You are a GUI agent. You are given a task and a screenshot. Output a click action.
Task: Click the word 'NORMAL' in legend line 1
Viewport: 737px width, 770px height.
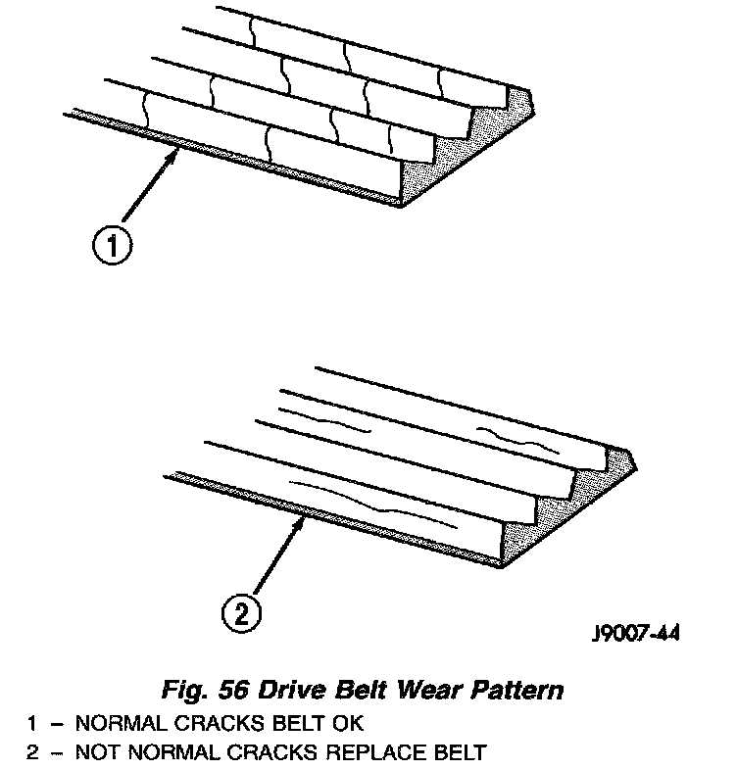coord(114,726)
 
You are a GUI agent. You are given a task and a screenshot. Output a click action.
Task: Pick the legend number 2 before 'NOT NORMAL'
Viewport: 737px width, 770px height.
coord(31,753)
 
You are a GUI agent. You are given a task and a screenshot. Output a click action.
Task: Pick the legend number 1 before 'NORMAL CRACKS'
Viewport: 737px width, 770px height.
coord(31,726)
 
